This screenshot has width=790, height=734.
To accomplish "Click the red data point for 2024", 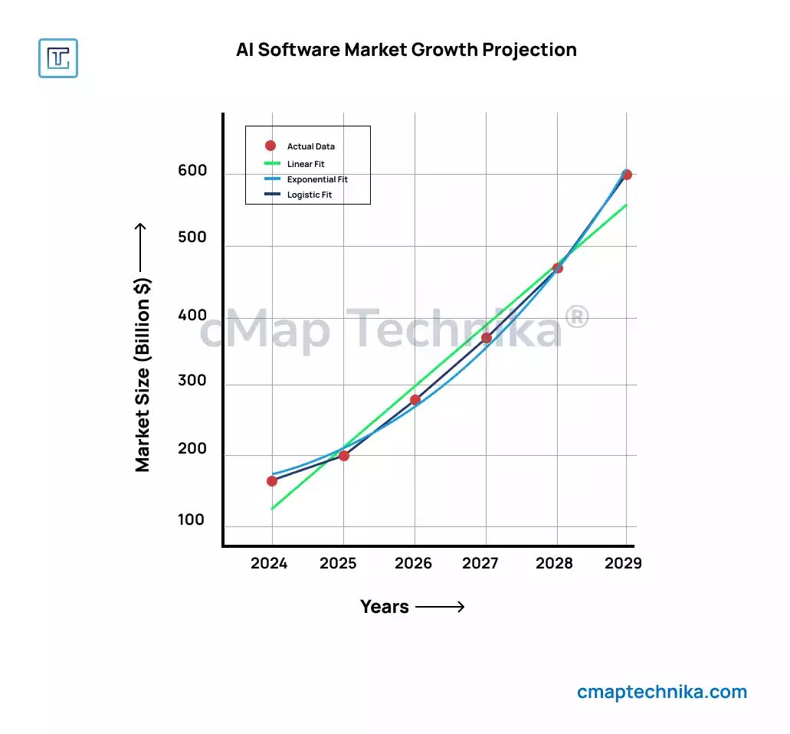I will point(272,481).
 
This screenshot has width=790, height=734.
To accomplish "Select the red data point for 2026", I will point(415,400).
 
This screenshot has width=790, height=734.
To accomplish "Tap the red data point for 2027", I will point(487,338).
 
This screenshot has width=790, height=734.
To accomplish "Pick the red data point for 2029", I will point(627,175).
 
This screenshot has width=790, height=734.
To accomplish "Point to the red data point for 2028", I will point(558,268).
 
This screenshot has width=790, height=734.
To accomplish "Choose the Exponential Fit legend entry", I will point(317,179).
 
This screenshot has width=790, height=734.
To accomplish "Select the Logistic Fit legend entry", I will point(310,195).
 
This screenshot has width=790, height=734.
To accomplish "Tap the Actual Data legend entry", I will point(310,146).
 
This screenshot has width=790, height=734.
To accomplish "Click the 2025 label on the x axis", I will point(338,564).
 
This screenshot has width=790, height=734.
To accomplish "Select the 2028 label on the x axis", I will point(554,564).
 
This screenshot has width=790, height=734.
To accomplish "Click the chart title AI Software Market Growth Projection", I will point(406,50).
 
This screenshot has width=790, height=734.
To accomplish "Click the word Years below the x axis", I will point(385,607).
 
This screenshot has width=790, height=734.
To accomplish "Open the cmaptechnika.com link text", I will point(662,693).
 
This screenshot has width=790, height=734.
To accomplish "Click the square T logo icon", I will point(58,58).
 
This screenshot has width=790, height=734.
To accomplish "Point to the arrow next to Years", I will point(441,608).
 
